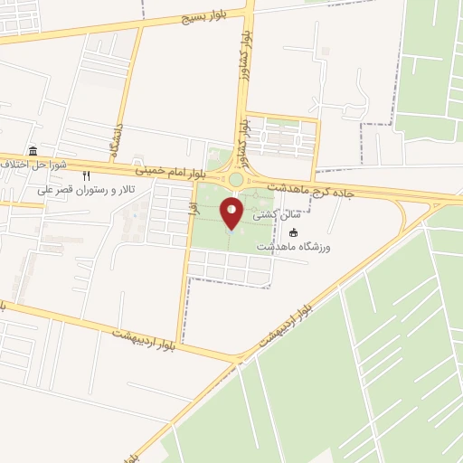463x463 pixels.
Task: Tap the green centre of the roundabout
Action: [x=235, y=180]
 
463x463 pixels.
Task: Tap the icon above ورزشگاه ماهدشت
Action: [x=292, y=232]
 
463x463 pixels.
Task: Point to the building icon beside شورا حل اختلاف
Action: [x=33, y=151]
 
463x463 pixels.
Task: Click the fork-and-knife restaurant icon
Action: [x=87, y=176]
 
